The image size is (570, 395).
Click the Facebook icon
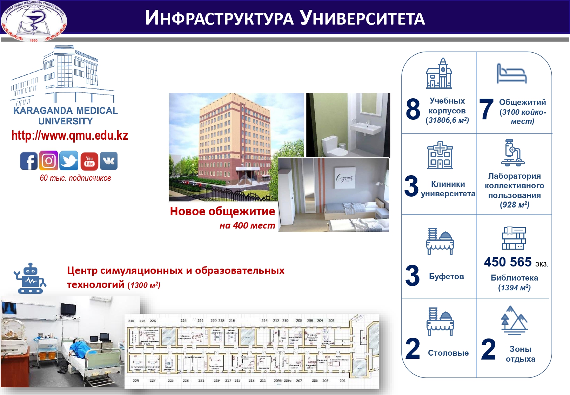pos(29,161)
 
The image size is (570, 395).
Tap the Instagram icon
pos(48,161)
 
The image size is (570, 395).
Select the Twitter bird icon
pos(69,161)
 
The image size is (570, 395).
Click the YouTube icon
pos(89,161)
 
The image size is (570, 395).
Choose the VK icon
pos(109,161)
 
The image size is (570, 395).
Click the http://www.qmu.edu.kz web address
pos(70,136)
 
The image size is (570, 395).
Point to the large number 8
pos(413,109)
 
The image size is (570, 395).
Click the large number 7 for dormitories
pos(487,109)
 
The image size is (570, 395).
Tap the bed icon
pos(511,74)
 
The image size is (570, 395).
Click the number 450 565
pos(508,262)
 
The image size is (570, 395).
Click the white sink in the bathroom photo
pos(367,130)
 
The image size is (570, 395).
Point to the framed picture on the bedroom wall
pos(345,178)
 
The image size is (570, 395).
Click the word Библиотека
pos(514,278)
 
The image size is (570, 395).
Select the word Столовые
pos(448,353)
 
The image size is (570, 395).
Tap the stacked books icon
pos(514,238)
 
